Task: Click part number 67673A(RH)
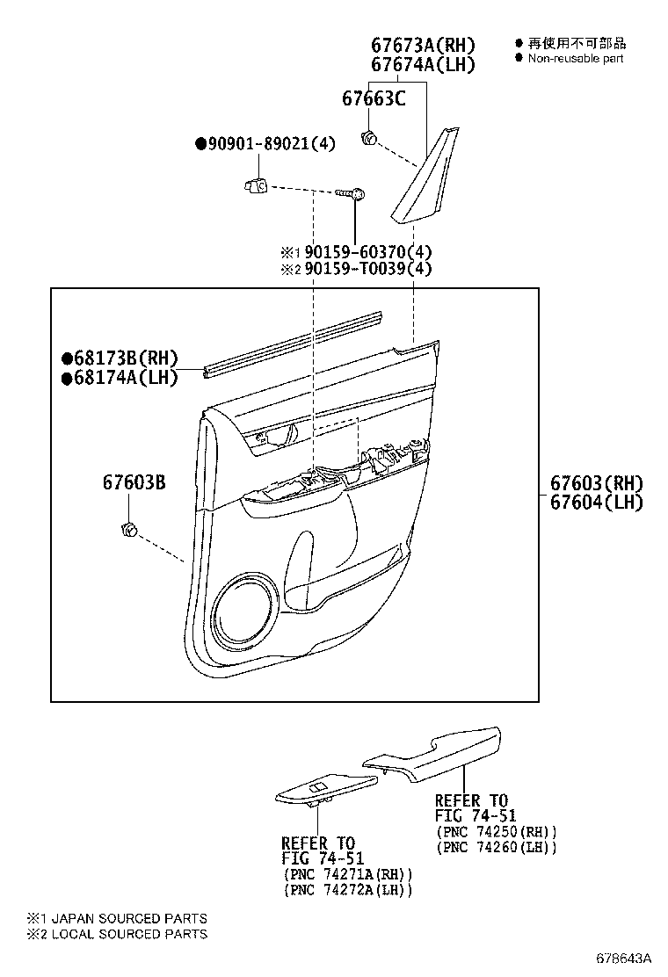point(423,45)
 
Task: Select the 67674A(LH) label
point(423,64)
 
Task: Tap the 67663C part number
point(374,98)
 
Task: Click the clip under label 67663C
point(369,138)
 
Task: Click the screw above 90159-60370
point(351,194)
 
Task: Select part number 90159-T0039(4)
point(364,269)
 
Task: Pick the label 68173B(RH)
point(120,358)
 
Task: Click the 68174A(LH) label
point(120,378)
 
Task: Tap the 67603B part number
point(134,482)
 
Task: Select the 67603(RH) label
point(596,483)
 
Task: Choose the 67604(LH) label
point(596,503)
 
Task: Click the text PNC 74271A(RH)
point(348,874)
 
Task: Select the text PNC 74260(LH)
point(496,847)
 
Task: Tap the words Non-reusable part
point(575,59)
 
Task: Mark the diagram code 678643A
point(623,958)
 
